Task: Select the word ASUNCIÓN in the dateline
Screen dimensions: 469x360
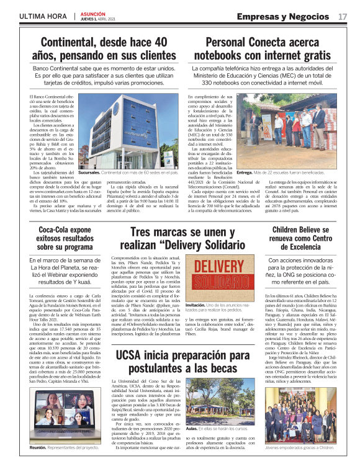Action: [x=94, y=12]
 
